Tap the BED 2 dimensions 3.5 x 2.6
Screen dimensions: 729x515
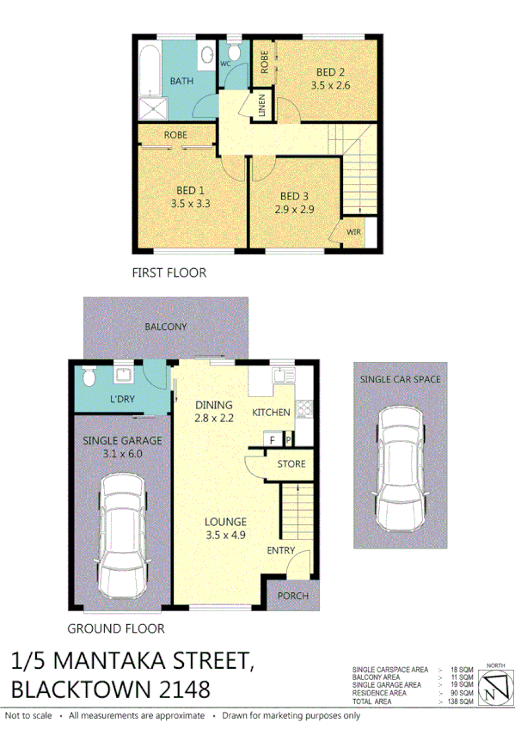coord(330,86)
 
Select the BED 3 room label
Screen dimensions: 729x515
coord(294,196)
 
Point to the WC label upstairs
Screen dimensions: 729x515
coord(226,64)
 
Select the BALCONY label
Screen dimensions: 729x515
coord(166,327)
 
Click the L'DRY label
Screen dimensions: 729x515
coord(123,399)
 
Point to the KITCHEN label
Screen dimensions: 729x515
coord(271,413)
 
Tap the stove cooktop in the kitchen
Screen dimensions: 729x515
coord(303,410)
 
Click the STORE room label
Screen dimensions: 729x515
coord(291,464)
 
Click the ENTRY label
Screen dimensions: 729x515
coord(281,550)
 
